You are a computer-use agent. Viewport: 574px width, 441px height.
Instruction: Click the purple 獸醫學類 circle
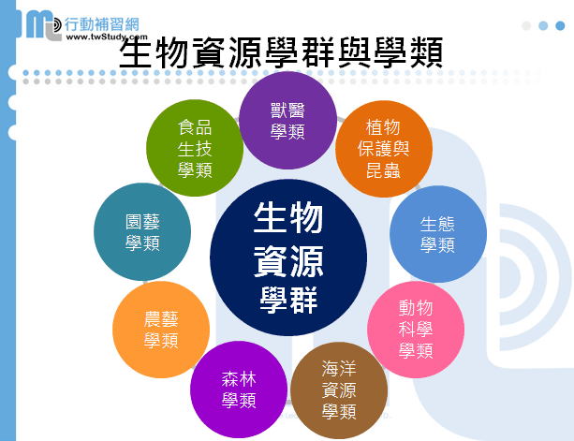(287, 121)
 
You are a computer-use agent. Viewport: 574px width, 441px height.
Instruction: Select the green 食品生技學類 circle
(195, 148)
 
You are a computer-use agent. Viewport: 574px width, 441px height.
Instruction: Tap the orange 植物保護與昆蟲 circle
(384, 149)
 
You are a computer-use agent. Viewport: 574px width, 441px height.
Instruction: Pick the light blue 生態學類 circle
(438, 234)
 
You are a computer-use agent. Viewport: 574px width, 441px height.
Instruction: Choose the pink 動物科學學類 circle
(416, 330)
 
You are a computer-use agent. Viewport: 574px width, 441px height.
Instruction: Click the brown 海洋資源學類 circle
(339, 390)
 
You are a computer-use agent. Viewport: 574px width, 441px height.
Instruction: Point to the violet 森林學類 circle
(239, 390)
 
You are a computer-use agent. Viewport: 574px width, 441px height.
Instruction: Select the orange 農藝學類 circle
(161, 330)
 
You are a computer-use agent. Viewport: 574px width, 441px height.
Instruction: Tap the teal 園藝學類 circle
(142, 231)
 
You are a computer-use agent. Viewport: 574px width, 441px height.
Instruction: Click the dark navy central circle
(288, 257)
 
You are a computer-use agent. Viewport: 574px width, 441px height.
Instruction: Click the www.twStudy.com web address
(107, 37)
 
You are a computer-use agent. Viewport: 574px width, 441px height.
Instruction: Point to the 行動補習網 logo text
(102, 24)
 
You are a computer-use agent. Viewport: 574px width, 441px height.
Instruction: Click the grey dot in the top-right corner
(526, 25)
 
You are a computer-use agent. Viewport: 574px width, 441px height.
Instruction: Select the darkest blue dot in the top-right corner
(560, 25)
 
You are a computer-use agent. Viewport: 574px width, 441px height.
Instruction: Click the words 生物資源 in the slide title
(191, 52)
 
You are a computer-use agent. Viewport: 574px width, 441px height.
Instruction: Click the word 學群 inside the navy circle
(288, 301)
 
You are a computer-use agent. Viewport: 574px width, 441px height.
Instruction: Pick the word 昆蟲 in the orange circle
(383, 170)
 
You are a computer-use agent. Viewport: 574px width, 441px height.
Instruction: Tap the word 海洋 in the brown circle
(339, 369)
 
